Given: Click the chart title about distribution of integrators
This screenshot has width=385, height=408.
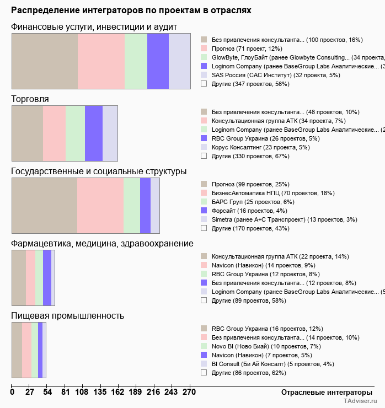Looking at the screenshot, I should click(131, 10).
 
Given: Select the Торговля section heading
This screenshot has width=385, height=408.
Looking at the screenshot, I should click(30, 99).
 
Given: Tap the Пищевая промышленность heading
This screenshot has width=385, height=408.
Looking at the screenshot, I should click(68, 316).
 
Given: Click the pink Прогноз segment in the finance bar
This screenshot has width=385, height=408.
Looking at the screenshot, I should click(101, 61).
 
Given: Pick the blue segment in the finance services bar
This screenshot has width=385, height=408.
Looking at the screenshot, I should click(158, 61).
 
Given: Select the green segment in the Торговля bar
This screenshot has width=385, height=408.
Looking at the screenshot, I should click(75, 133).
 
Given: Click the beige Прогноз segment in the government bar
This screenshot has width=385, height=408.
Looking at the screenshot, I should click(44, 206).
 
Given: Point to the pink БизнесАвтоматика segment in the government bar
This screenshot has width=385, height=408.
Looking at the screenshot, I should click(100, 206).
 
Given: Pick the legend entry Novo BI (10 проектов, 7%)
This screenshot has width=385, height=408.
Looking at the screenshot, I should click(259, 346).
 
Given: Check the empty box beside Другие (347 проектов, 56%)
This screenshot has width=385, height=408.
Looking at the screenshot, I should click(204, 84).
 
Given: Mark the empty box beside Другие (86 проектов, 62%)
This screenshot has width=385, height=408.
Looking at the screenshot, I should click(204, 373).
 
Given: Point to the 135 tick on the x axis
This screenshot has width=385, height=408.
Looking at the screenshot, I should click(74, 393).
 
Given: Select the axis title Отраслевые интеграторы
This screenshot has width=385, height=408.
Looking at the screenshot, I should click(323, 392).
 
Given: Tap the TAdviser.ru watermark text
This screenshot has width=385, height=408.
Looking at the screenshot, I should click(361, 402).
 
